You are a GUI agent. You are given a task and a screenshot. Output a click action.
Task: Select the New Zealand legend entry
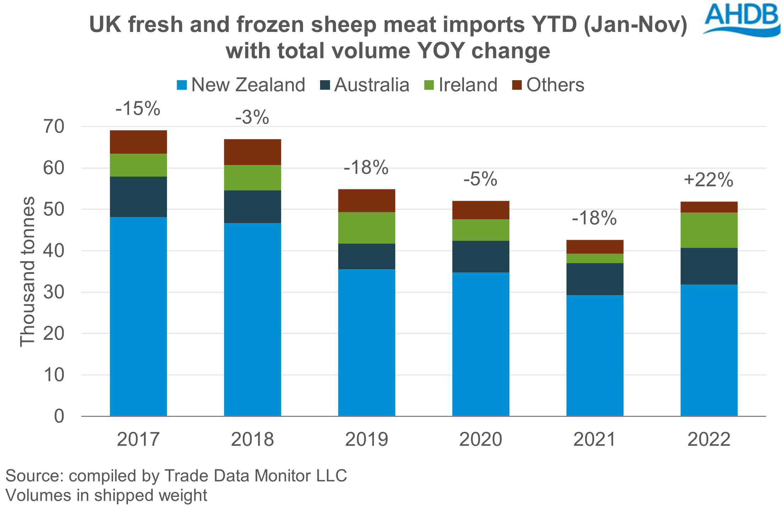241,85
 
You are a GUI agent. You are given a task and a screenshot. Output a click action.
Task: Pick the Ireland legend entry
461,85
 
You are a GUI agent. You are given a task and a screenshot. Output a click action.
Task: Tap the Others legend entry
548,85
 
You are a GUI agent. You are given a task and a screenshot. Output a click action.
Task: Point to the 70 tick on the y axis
54,127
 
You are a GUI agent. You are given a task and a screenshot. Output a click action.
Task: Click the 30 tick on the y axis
54,292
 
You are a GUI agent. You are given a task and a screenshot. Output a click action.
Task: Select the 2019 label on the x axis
367,439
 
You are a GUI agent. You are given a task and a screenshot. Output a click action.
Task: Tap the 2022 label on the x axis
709,439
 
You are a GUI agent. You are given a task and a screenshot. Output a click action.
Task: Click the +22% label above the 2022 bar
708,180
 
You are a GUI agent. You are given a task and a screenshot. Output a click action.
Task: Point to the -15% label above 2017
138,109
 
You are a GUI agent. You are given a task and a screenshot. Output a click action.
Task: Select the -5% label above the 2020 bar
480,179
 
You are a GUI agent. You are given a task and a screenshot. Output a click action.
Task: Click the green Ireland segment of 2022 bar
709,230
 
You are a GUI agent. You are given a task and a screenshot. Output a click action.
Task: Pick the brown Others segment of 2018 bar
252,152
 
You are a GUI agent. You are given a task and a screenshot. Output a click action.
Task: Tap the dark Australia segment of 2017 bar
138,197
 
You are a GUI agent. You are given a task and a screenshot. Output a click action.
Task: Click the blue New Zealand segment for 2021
595,355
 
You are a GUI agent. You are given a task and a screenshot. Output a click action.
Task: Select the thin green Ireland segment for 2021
595,258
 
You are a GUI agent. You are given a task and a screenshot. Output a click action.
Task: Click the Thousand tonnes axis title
27,271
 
